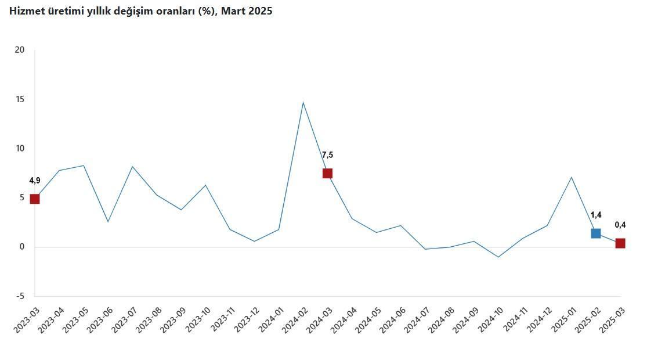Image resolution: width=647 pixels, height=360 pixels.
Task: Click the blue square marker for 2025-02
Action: (x=595, y=233)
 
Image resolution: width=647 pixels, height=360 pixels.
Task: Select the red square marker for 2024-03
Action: (x=327, y=173)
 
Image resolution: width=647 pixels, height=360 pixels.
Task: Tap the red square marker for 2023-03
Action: (x=35, y=199)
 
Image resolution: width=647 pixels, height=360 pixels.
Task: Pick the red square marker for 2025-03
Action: (x=620, y=243)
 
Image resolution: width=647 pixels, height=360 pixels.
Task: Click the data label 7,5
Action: (x=327, y=155)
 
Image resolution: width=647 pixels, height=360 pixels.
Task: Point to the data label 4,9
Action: (x=35, y=181)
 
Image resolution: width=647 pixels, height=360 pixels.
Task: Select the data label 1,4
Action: (x=595, y=215)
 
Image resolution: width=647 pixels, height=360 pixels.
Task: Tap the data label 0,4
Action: (x=620, y=225)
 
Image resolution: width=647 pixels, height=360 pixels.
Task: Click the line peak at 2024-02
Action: (x=303, y=103)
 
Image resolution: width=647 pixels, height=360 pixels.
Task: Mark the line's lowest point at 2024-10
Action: (x=498, y=257)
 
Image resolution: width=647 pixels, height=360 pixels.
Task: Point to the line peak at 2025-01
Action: (x=572, y=177)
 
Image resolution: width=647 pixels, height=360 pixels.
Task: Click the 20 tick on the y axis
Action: (x=20, y=50)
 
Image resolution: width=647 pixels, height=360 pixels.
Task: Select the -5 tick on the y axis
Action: (x=20, y=296)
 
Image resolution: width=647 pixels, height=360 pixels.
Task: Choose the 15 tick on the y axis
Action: (x=20, y=99)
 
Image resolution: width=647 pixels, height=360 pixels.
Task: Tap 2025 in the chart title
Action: (x=259, y=11)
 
